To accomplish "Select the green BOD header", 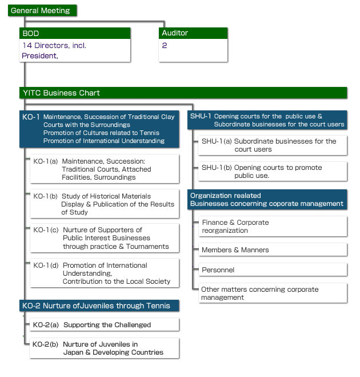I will click(x=75, y=33).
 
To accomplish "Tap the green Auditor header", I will click(x=193, y=33).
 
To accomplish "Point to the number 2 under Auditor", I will click(x=165, y=46).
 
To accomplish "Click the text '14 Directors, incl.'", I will click(x=54, y=46).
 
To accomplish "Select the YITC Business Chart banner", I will click(x=183, y=93).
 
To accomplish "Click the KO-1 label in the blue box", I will click(x=31, y=117).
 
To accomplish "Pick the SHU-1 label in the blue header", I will click(x=201, y=117).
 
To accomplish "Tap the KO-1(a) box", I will click(x=105, y=169).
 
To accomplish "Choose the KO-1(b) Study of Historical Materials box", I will click(x=105, y=204).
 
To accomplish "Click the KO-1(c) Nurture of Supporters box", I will click(x=105, y=239).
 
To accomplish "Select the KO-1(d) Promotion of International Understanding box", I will click(x=105, y=273).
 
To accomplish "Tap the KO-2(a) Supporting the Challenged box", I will click(x=105, y=325).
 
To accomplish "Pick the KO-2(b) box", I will click(x=105, y=348).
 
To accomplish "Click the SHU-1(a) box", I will click(x=273, y=145).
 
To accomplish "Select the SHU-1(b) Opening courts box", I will click(x=273, y=172).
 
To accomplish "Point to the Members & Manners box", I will click(x=273, y=250).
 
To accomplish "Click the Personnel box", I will click(x=273, y=270).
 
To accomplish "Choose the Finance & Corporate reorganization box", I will click(x=273, y=227).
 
